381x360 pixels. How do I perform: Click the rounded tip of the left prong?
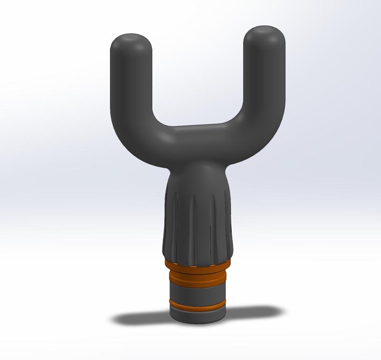coord(131,41)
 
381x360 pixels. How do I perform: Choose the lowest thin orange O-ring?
coord(198,304)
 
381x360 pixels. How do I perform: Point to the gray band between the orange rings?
coord(198,291)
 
